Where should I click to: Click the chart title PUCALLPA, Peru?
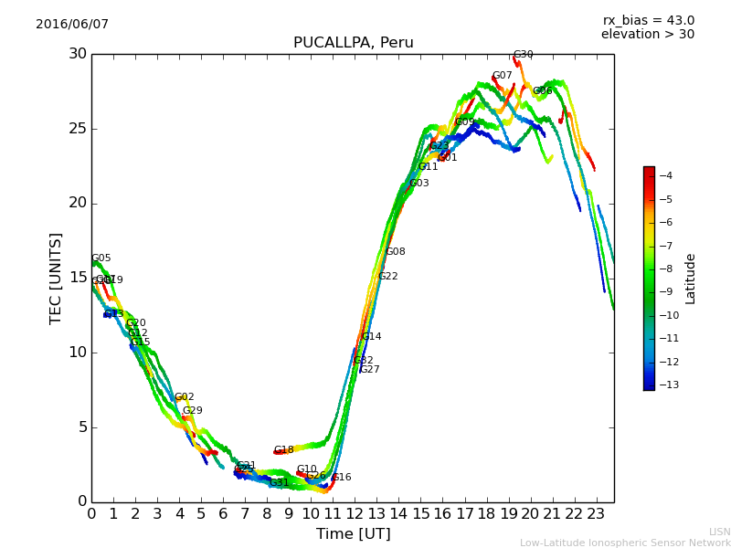tap(353, 43)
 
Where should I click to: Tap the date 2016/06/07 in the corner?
tap(72, 25)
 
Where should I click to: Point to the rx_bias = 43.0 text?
tap(648, 20)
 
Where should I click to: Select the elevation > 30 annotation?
tap(647, 35)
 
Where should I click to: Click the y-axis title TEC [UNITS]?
tap(56, 278)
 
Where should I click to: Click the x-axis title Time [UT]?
tap(353, 534)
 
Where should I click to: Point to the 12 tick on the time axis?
tap(355, 514)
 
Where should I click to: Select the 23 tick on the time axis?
tap(596, 514)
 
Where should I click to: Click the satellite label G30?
tap(523, 55)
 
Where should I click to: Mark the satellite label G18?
tap(283, 450)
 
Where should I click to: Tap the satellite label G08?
tap(395, 252)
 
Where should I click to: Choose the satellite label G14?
tap(371, 337)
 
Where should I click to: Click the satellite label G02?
tap(184, 397)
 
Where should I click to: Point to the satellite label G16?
tap(341, 478)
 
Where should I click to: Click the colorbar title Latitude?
tap(691, 279)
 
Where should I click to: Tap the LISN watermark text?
tap(719, 532)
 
